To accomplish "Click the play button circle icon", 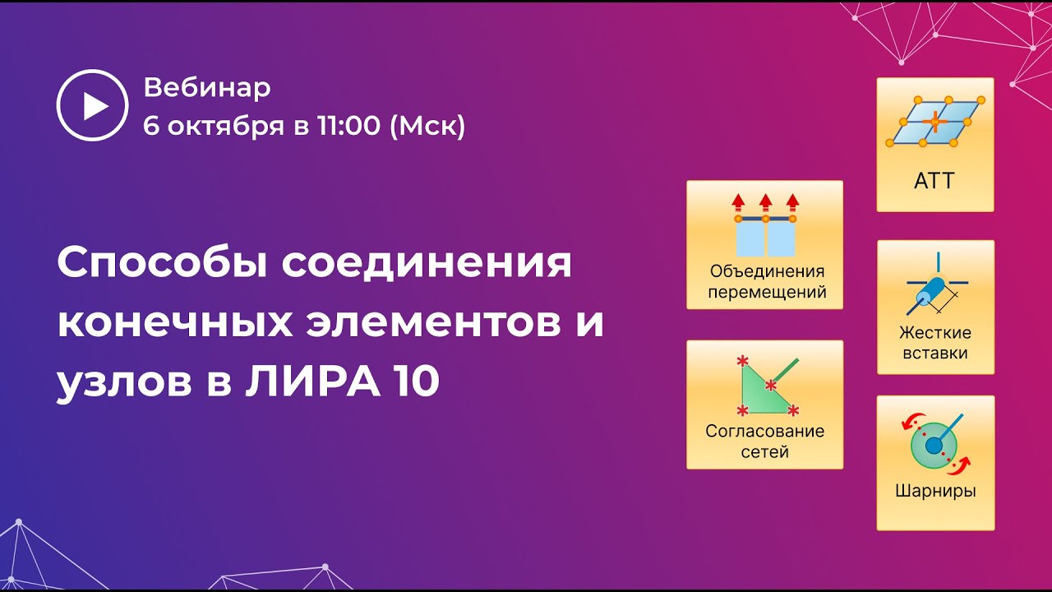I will (92, 105).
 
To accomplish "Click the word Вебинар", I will (206, 87).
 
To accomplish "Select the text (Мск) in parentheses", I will (427, 126).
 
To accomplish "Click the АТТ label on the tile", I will (934, 181).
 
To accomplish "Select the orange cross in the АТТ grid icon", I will (934, 122).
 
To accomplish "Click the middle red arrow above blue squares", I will (765, 202).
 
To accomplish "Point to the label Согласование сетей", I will (765, 441).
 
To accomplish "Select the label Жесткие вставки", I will (935, 343).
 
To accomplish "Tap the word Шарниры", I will (935, 492).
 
